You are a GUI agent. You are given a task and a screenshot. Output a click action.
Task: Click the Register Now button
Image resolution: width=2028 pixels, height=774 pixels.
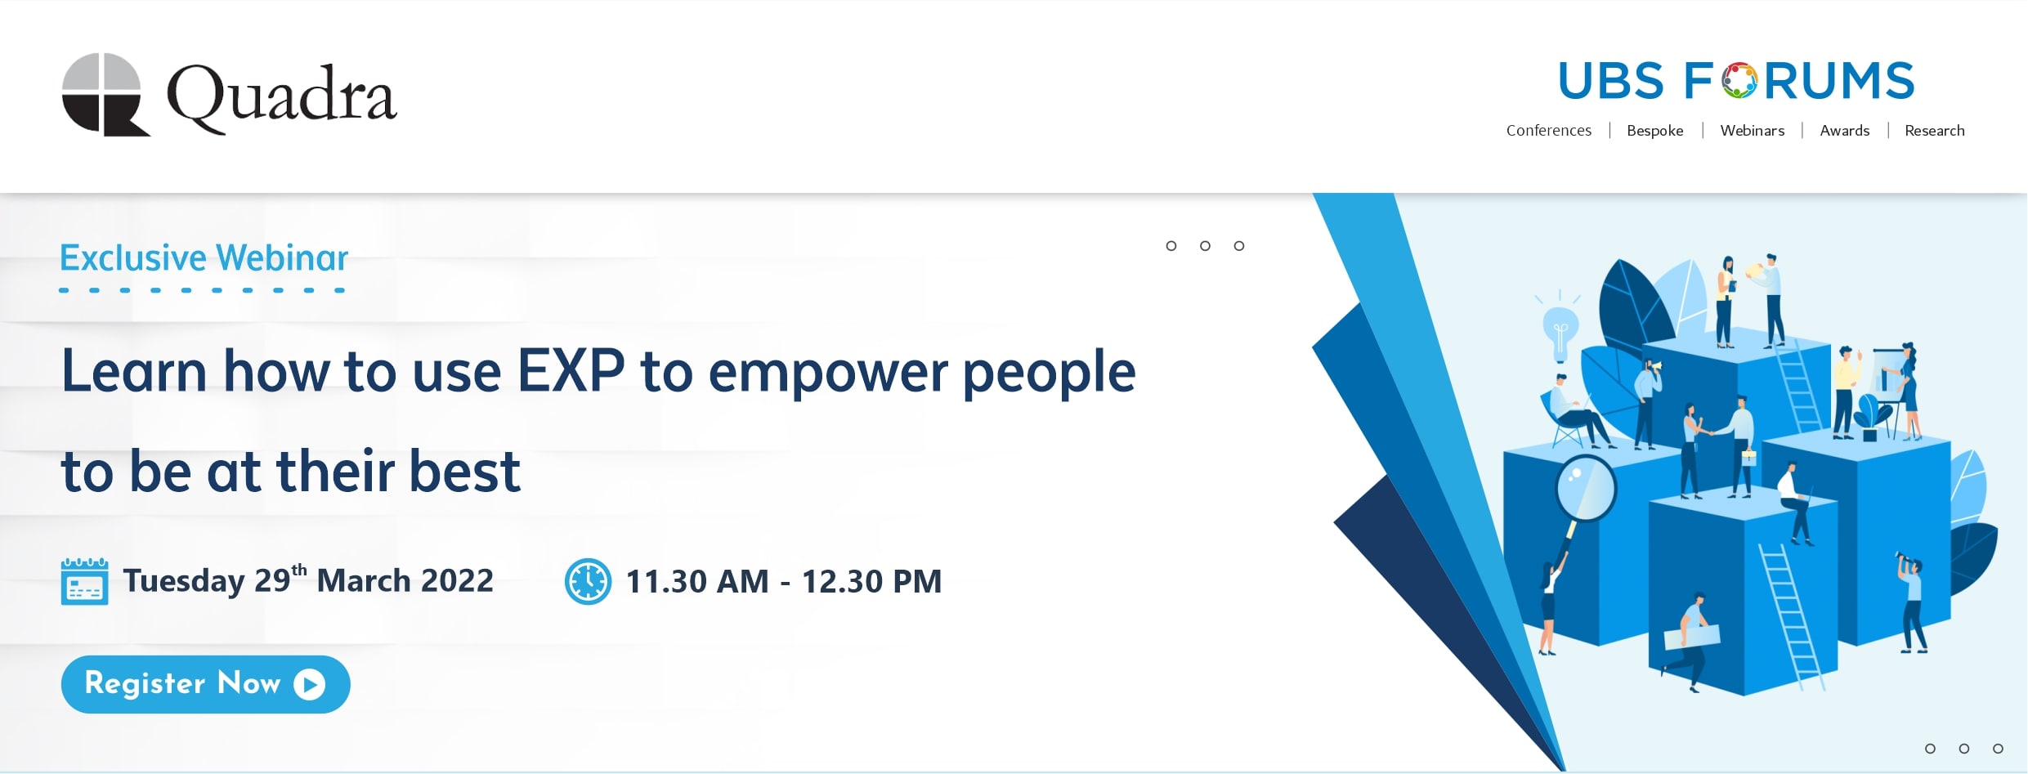(x=205, y=684)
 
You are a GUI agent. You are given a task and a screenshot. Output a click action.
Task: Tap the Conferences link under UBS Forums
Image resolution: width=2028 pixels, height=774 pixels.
(x=1548, y=131)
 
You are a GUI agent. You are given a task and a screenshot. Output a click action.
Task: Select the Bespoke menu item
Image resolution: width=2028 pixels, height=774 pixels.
(x=1654, y=131)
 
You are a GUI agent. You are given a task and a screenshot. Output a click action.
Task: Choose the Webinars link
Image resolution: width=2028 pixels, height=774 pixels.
(x=1752, y=131)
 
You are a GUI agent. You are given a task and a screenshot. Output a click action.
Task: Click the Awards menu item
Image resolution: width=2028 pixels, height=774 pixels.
(x=1844, y=131)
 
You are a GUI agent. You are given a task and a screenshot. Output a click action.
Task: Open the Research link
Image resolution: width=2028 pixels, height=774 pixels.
(x=1934, y=131)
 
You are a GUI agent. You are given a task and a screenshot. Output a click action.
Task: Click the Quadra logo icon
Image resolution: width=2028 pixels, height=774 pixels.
(x=105, y=94)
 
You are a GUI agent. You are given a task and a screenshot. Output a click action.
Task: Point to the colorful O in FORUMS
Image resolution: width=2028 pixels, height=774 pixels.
(x=1739, y=81)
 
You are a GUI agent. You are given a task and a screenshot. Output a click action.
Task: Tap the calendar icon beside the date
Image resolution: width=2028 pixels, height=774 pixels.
(x=84, y=581)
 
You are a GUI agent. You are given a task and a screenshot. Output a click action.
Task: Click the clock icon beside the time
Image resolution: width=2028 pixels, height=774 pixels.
(x=588, y=581)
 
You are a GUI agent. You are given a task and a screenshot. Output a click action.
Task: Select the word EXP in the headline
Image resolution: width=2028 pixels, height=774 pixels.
(x=571, y=372)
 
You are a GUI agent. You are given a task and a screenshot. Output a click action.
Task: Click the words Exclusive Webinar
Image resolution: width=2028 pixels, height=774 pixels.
(x=204, y=258)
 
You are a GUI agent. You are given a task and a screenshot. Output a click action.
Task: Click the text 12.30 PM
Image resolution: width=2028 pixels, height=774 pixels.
(x=871, y=582)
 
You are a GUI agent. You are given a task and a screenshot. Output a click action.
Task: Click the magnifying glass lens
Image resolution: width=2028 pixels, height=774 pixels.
(x=1586, y=488)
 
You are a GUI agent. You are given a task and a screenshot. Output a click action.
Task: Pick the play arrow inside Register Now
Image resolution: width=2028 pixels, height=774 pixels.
(x=310, y=684)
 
